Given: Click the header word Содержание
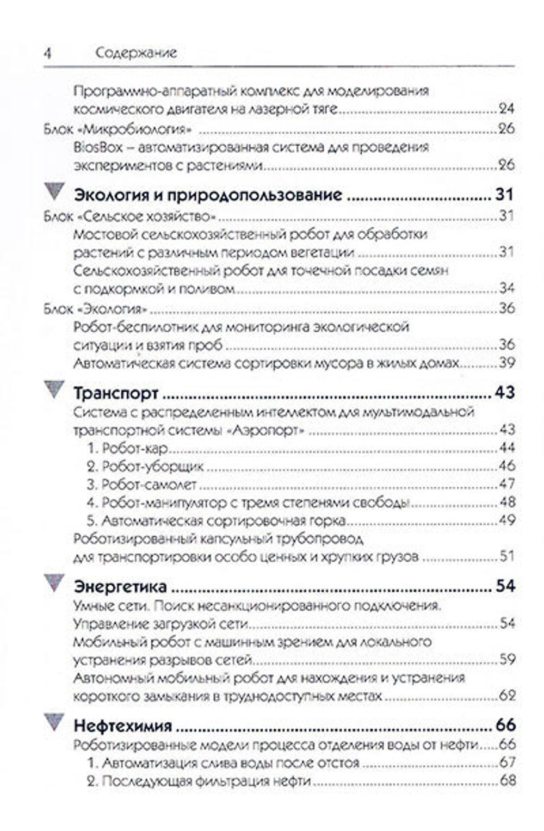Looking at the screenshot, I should [136, 53].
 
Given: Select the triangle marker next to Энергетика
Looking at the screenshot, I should [54, 582].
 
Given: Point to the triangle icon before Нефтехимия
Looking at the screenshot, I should [54, 721].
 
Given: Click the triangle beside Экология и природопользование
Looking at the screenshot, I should [54, 190].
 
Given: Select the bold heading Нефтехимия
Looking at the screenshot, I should [123, 725].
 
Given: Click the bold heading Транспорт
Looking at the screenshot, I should [116, 393].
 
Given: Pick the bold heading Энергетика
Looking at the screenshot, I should [120, 586].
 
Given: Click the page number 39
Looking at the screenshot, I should [506, 363].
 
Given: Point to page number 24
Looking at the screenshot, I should [506, 109].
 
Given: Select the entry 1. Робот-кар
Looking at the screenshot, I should [127, 449].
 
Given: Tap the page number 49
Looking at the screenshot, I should [506, 520].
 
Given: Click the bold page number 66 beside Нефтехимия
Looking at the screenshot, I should [505, 725].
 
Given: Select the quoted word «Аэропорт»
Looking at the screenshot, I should [265, 430].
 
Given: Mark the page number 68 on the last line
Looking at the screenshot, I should [506, 782].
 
